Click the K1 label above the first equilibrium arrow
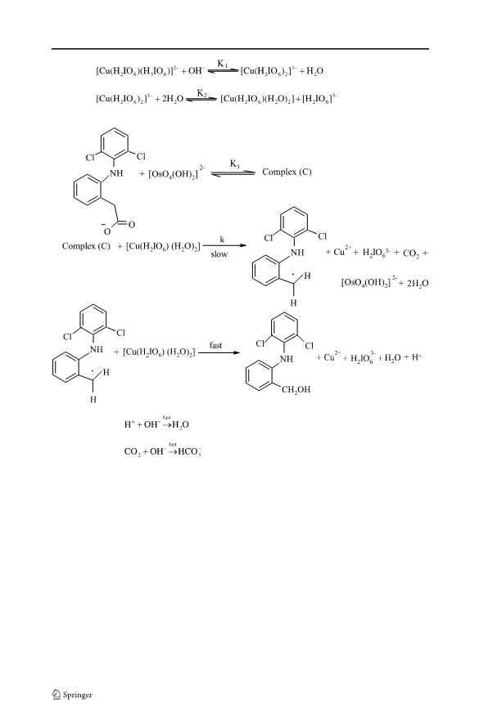[223, 64]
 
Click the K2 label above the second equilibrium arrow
[202, 93]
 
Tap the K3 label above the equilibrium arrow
[235, 164]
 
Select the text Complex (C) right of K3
[287, 173]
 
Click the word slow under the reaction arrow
[219, 254]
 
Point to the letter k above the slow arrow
[222, 240]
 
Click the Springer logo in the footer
[72, 694]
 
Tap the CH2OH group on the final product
[296, 390]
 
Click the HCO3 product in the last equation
[189, 452]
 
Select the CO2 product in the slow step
[411, 253]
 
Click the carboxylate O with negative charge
[106, 229]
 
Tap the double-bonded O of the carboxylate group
[131, 225]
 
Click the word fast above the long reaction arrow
[215, 345]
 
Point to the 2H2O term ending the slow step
[418, 284]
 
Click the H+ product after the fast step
[417, 357]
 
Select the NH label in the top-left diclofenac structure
[116, 173]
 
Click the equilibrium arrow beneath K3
[233, 173]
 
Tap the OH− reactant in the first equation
[196, 71]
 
